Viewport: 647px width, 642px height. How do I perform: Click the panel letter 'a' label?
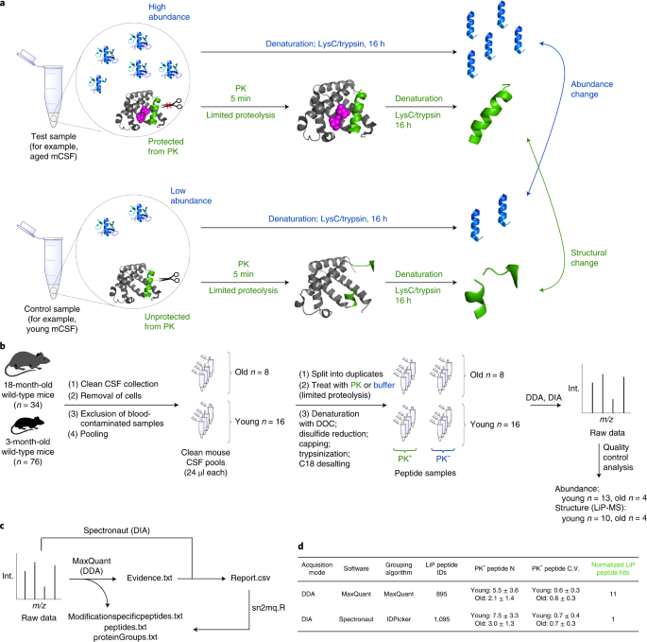4,6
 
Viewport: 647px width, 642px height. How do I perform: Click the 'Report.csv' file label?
244,574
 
